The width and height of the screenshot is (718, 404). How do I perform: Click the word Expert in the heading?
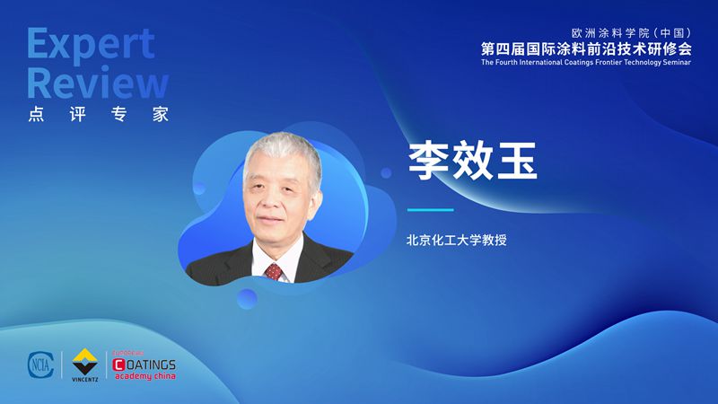coord(91,44)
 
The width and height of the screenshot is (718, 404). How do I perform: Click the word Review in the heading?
coord(98,83)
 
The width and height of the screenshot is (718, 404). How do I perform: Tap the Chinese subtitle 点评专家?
coord(99,114)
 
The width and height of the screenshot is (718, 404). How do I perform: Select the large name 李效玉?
coord(472,161)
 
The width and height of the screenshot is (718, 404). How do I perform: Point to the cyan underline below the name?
coord(431,210)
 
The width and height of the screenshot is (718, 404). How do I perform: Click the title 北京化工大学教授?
coord(457,240)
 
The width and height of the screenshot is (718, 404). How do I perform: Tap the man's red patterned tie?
coord(274,272)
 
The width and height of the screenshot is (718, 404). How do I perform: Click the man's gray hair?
coord(283,151)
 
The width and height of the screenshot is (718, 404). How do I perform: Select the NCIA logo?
coord(40,365)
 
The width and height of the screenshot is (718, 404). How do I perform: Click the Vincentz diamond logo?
coord(84,362)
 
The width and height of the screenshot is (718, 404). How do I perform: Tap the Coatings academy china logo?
coord(144,366)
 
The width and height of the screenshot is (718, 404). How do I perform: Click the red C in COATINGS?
coord(118,364)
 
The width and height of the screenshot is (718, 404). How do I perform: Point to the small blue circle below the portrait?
coord(247,299)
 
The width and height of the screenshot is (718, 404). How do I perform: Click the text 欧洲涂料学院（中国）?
coord(632,33)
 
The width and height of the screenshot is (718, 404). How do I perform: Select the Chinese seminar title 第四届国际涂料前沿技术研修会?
coord(586,48)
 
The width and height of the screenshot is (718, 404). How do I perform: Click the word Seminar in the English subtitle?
coord(677,62)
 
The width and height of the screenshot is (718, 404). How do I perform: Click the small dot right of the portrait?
coord(386,172)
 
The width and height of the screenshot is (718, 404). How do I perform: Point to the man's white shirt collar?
coord(276,257)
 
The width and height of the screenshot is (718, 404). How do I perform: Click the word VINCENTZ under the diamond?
coord(84,379)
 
